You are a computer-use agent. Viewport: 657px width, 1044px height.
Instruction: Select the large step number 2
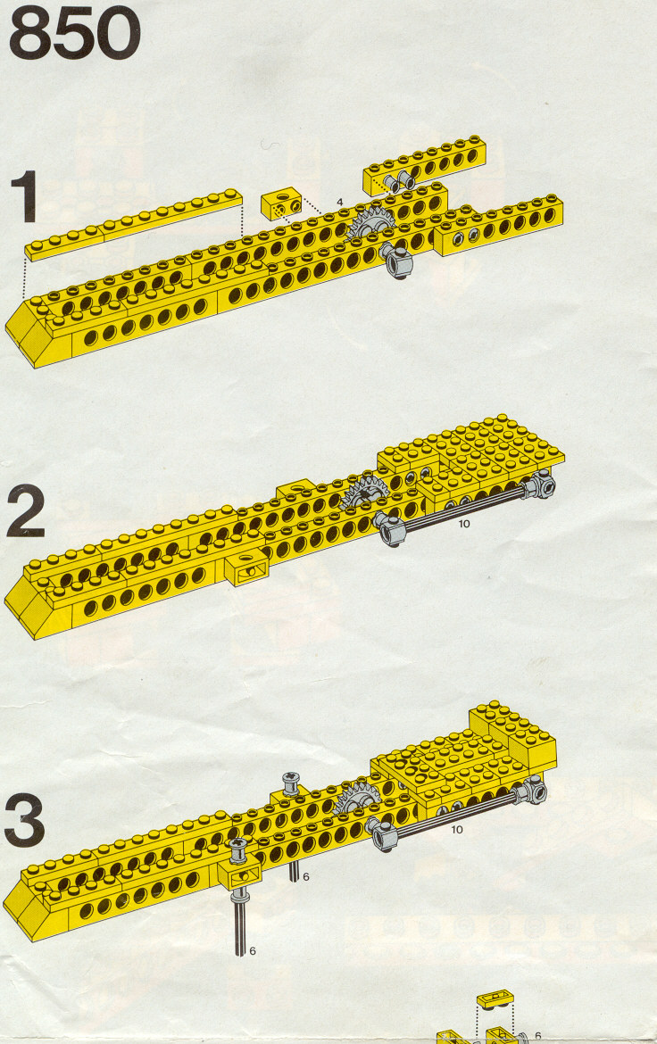(26, 512)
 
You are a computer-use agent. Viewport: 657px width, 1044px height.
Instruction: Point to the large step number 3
(25, 821)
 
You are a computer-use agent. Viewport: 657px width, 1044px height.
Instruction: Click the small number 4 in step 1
(339, 202)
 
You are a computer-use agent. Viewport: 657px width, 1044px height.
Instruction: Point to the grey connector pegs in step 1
(399, 179)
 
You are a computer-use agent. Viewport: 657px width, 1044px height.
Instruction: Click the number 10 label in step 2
(464, 524)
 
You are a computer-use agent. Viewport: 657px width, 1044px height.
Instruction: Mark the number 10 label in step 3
(456, 830)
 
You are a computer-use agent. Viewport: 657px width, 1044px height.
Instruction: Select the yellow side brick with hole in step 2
(246, 569)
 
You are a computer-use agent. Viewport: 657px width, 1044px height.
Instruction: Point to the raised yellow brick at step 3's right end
(513, 731)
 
